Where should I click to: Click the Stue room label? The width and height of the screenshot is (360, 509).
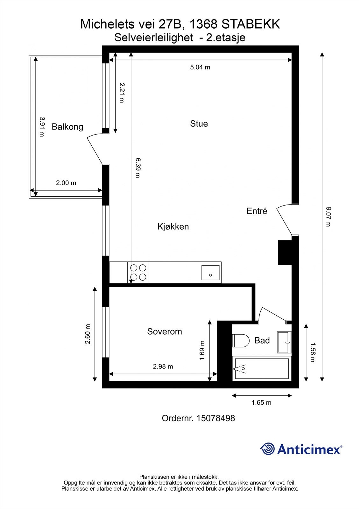click(199, 124)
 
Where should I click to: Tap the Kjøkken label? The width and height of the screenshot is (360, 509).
click(173, 227)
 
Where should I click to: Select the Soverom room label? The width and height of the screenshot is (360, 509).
click(165, 331)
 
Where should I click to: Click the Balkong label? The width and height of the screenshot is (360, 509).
click(67, 127)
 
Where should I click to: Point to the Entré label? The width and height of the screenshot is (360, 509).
click(257, 211)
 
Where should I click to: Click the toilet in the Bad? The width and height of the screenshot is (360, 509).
click(241, 341)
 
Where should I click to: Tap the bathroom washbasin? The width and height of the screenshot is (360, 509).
click(284, 342)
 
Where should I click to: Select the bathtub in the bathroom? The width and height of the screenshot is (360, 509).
click(262, 368)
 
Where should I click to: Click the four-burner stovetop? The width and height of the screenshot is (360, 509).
click(138, 272)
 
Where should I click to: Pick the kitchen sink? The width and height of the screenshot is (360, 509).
click(210, 273)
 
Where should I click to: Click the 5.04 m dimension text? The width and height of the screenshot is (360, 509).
click(200, 67)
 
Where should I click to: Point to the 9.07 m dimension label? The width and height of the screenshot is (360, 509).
click(328, 217)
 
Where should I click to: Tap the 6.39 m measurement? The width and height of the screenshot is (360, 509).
click(138, 168)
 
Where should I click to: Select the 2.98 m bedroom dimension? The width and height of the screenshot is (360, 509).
click(163, 366)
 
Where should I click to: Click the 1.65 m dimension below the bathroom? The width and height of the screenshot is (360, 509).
click(261, 403)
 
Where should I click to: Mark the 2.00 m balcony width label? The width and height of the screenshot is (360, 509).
click(66, 183)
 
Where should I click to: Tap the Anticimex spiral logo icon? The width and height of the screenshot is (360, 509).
click(267, 449)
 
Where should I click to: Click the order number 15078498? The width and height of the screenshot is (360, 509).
click(215, 418)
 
